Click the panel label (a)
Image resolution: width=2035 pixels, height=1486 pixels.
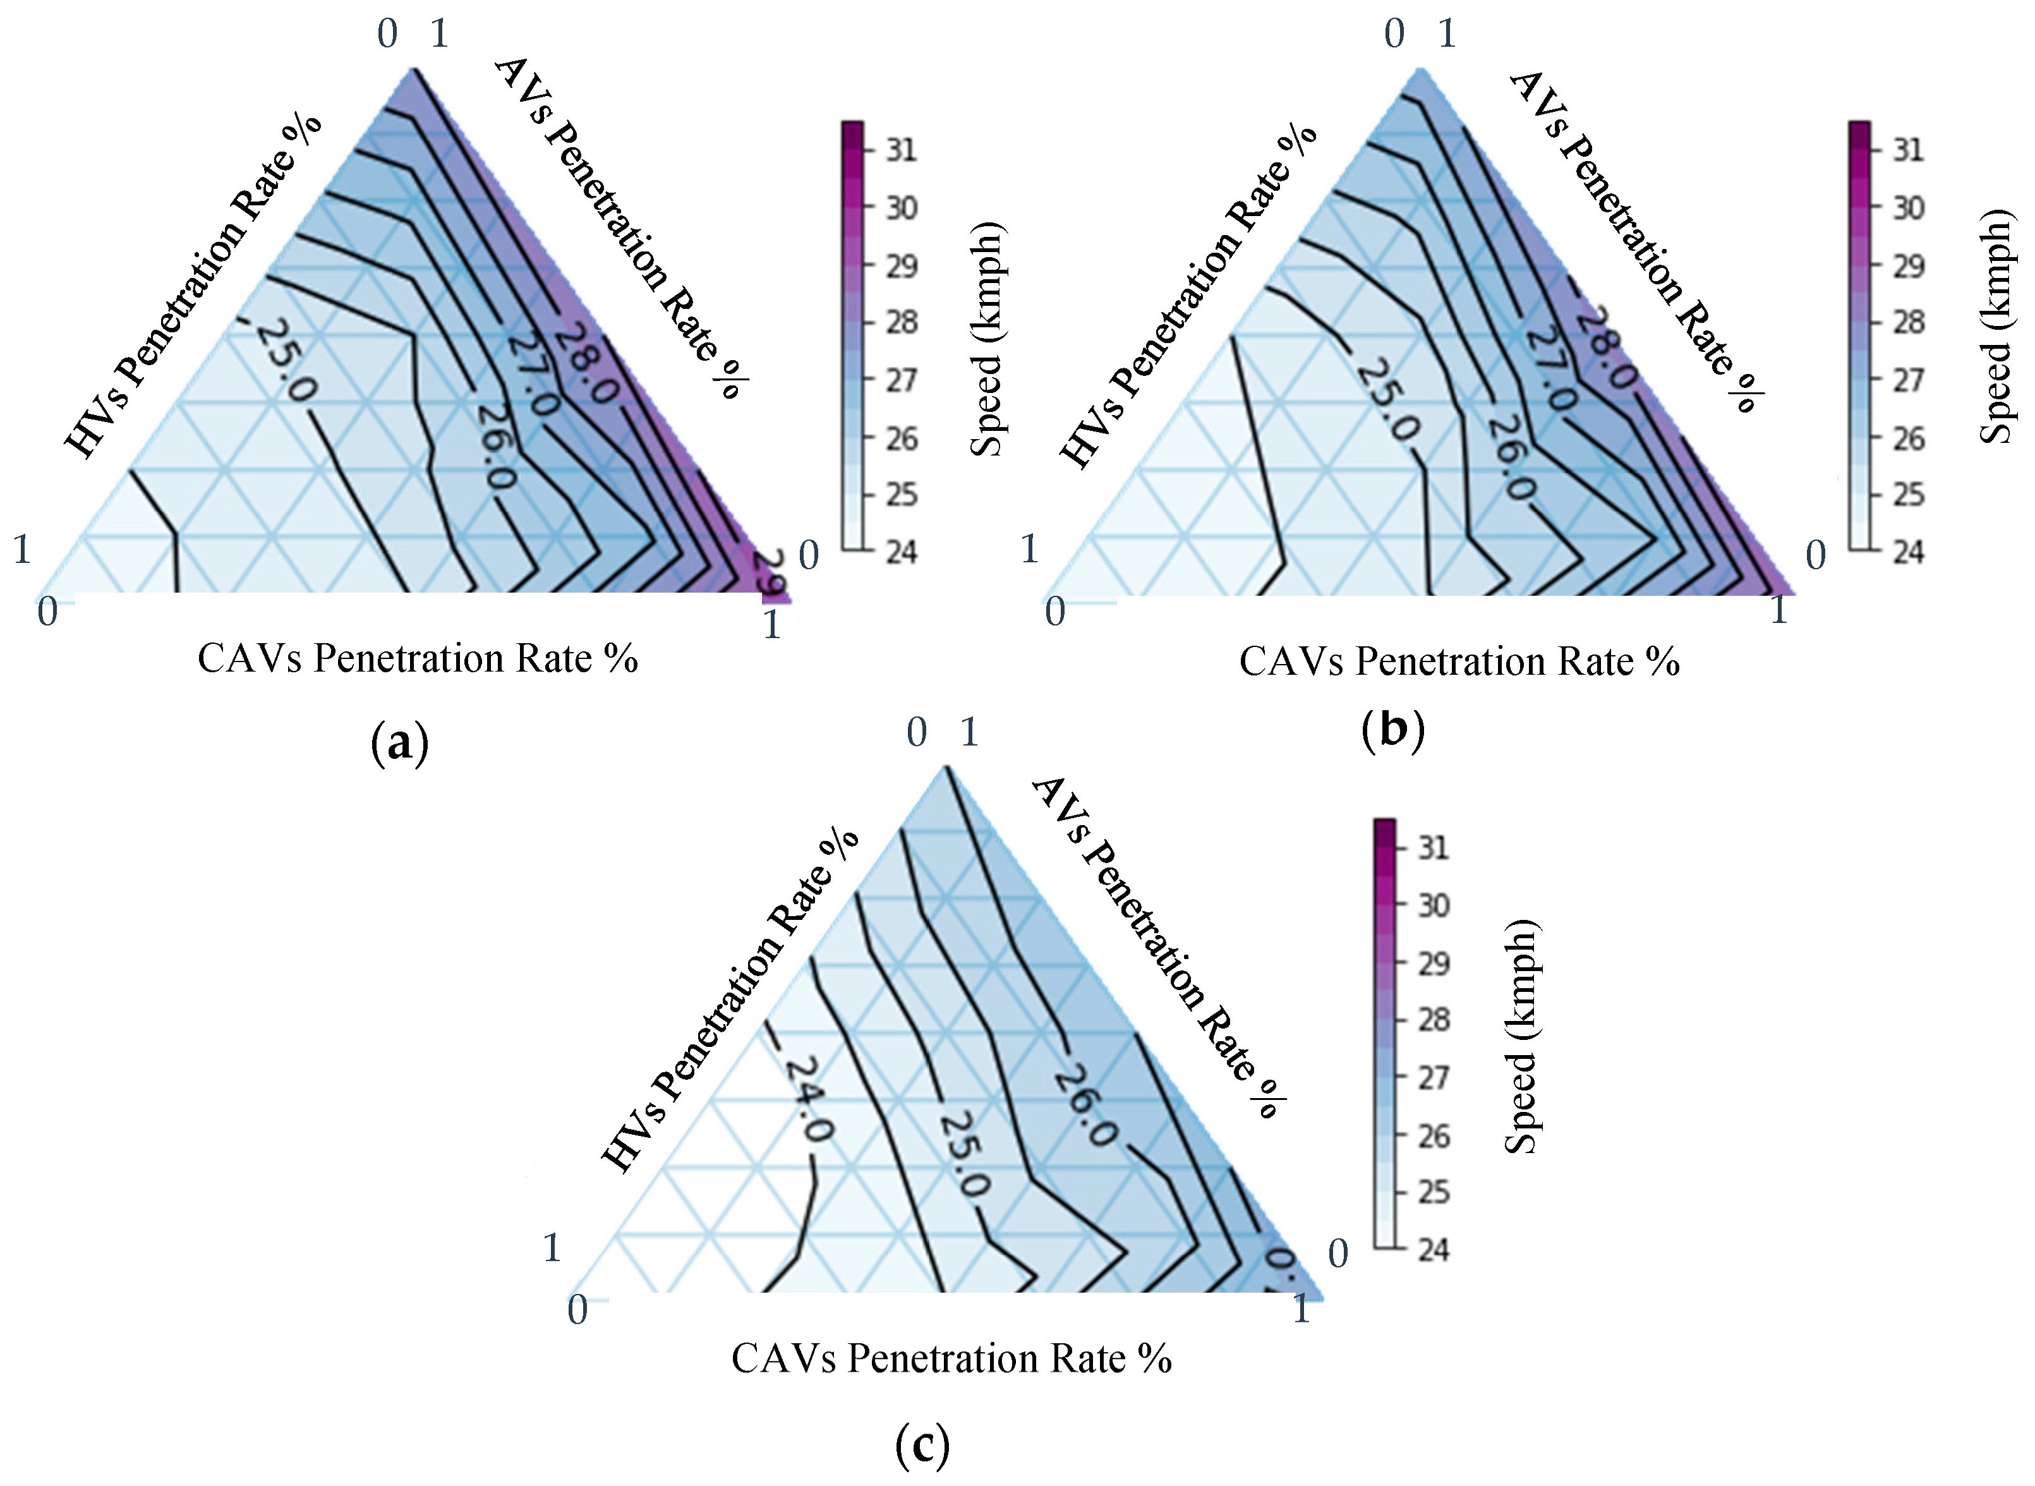400,744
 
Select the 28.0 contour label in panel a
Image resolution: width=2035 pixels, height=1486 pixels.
586,363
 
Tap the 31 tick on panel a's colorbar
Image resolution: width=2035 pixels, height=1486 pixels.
901,149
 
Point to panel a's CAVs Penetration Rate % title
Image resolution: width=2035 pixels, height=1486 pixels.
417,658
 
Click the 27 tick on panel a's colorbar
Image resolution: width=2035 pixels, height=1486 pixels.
901,380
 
